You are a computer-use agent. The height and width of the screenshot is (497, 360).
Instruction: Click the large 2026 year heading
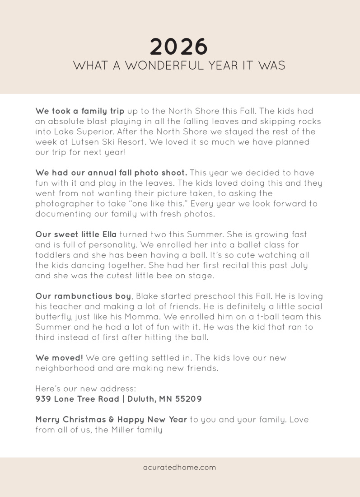pos(179,47)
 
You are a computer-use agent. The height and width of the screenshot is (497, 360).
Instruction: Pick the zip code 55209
pos(190,399)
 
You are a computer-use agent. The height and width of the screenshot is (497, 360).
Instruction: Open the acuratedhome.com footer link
pos(179,468)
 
